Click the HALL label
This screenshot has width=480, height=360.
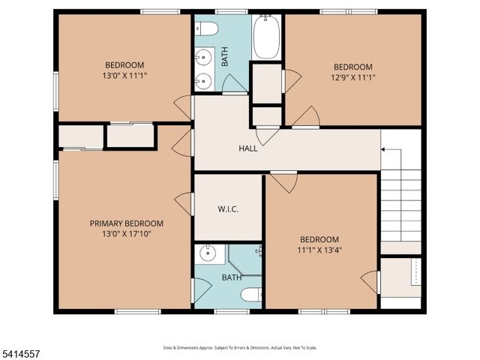click(248, 148)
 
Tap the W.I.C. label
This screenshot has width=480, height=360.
click(228, 208)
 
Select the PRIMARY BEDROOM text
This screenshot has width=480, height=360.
click(126, 223)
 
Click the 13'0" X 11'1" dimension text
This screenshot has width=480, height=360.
click(124, 76)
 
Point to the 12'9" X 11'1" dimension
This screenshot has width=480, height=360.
click(352, 77)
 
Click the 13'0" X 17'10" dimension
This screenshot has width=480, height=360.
click(126, 235)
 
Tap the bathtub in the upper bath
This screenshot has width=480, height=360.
click(266, 36)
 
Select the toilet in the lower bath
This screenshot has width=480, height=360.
click(250, 295)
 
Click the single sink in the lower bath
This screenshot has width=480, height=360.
click(208, 254)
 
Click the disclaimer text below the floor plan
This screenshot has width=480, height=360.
click(240, 348)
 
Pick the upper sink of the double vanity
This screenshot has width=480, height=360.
click(202, 56)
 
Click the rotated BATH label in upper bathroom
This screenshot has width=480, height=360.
click(224, 57)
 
